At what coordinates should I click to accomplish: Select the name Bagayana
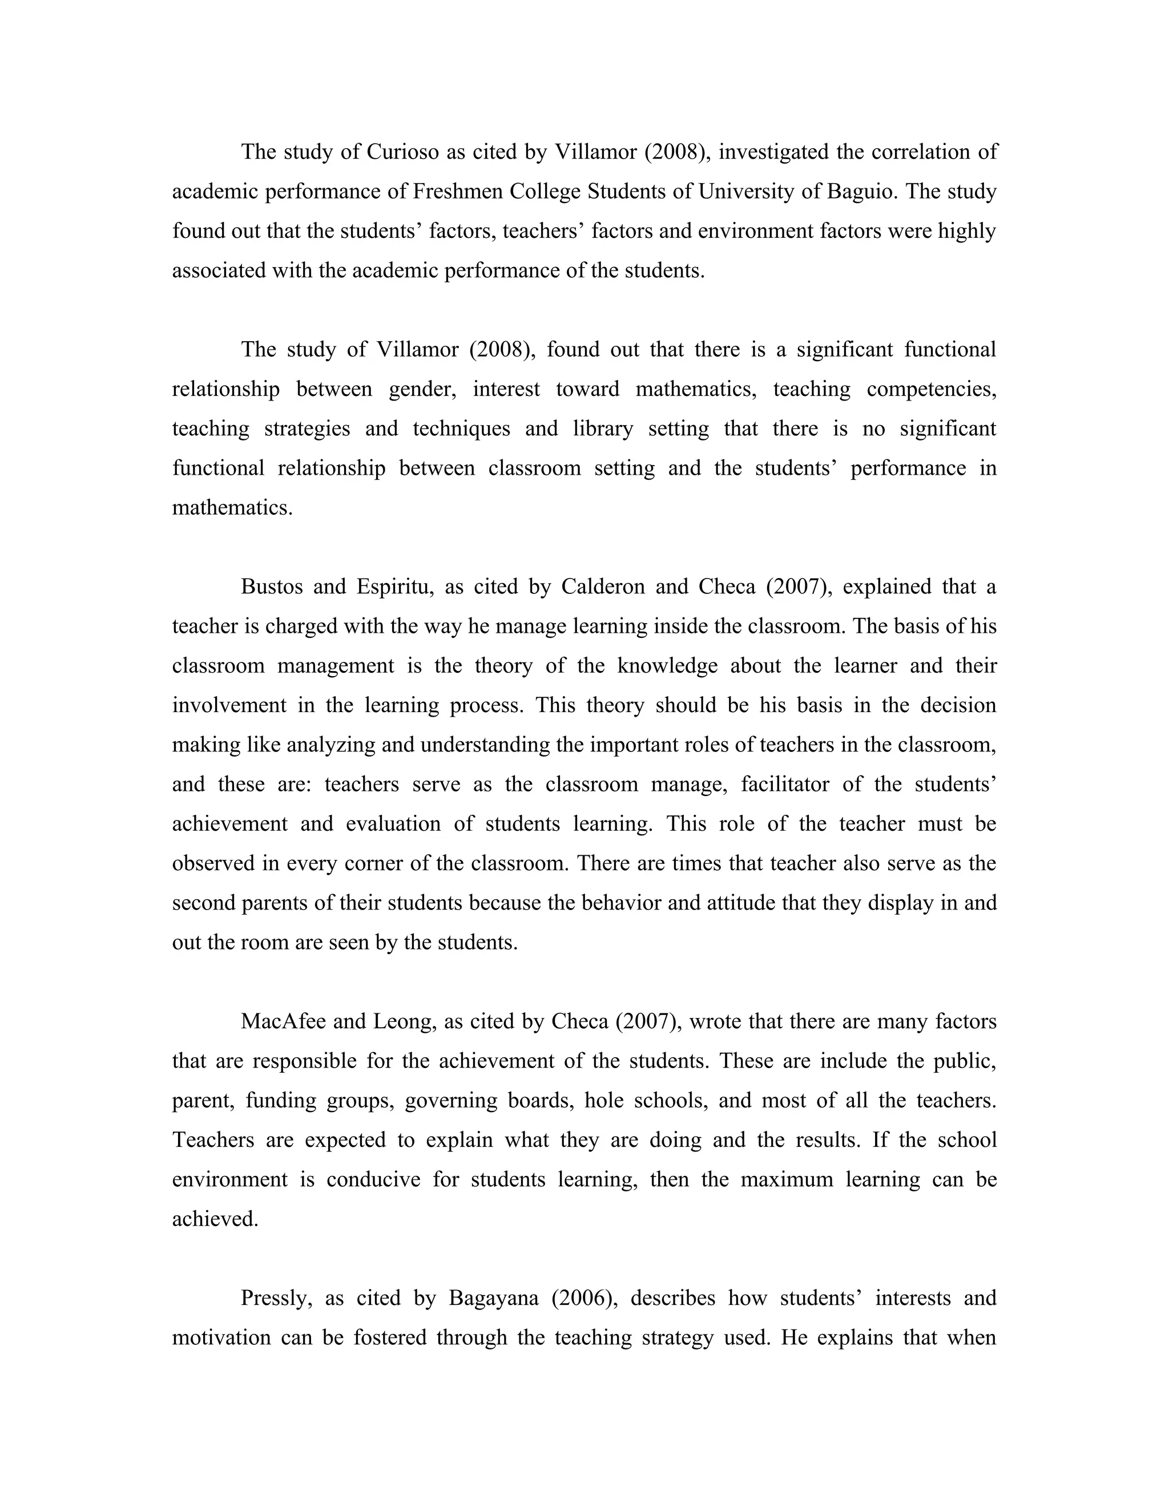click(494, 1297)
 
